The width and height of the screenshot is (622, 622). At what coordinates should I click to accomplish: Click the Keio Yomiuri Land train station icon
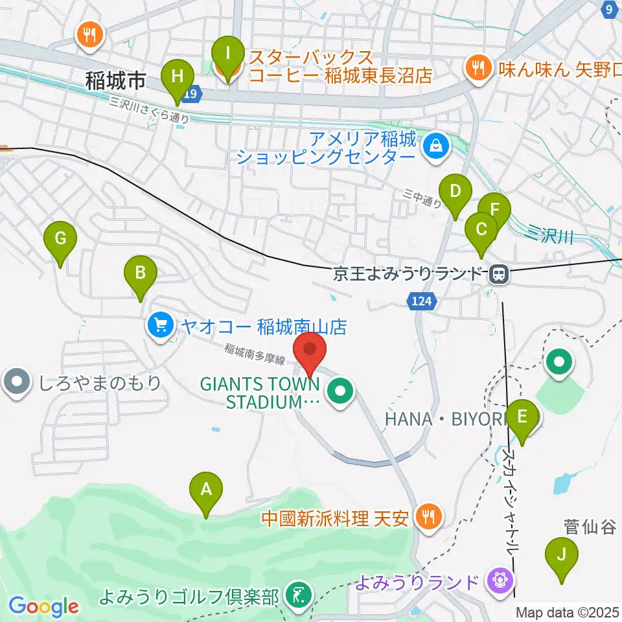pos(498,275)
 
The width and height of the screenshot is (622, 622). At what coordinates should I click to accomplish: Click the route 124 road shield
pos(424,301)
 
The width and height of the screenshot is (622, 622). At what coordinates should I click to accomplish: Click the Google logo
pos(43,606)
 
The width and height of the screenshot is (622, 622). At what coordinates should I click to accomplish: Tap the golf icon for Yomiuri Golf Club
pos(299,594)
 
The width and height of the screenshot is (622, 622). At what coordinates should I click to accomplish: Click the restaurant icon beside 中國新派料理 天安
pos(428,517)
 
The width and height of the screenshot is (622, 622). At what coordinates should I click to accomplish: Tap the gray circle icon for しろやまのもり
pos(15,382)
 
